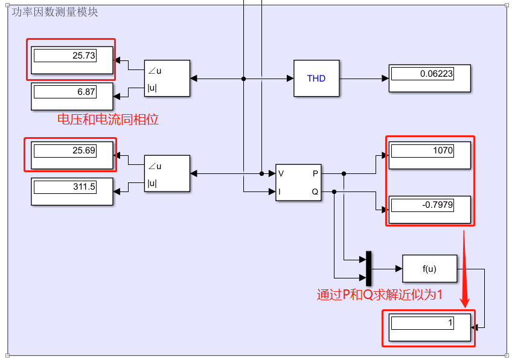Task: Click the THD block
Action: [x=316, y=79]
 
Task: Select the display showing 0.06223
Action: [x=430, y=74]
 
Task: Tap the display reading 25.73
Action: [x=72, y=56]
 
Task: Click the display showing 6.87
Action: [x=72, y=92]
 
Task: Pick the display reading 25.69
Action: [x=72, y=150]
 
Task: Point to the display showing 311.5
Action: [x=72, y=187]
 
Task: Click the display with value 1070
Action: [x=430, y=150]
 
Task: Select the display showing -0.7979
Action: [x=430, y=205]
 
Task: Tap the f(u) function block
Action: [x=430, y=268]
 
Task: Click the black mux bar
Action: [x=369, y=268]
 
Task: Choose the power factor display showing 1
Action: [x=430, y=323]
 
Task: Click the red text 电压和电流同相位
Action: [x=108, y=120]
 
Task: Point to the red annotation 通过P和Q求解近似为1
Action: [x=380, y=295]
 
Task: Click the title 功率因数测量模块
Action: [x=55, y=12]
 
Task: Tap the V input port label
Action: [x=281, y=174]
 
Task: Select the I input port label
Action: [x=280, y=191]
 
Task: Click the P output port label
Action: [x=316, y=174]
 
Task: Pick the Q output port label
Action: [x=315, y=191]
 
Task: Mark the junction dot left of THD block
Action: [x=243, y=79]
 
